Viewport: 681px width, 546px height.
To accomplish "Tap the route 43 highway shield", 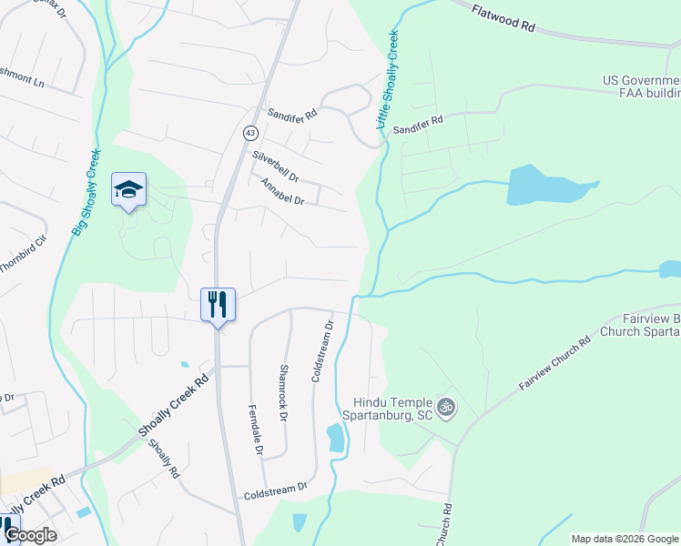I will click(249, 133).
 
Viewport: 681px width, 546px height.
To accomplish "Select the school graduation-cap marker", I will click(128, 190).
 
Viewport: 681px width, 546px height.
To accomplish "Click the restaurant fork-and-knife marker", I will click(218, 303).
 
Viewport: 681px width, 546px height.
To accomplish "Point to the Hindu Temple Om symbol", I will click(445, 407).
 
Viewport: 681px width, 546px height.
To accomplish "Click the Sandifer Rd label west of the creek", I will click(291, 114).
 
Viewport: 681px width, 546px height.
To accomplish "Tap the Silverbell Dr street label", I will click(276, 165).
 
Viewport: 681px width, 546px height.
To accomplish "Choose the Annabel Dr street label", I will click(282, 192).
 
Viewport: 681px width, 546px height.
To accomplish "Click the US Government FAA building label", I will click(641, 86).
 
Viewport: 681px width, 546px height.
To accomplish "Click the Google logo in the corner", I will click(30, 535).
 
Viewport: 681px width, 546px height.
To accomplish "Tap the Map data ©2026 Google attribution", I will click(625, 539).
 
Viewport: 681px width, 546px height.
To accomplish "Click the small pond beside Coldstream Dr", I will click(335, 440).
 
